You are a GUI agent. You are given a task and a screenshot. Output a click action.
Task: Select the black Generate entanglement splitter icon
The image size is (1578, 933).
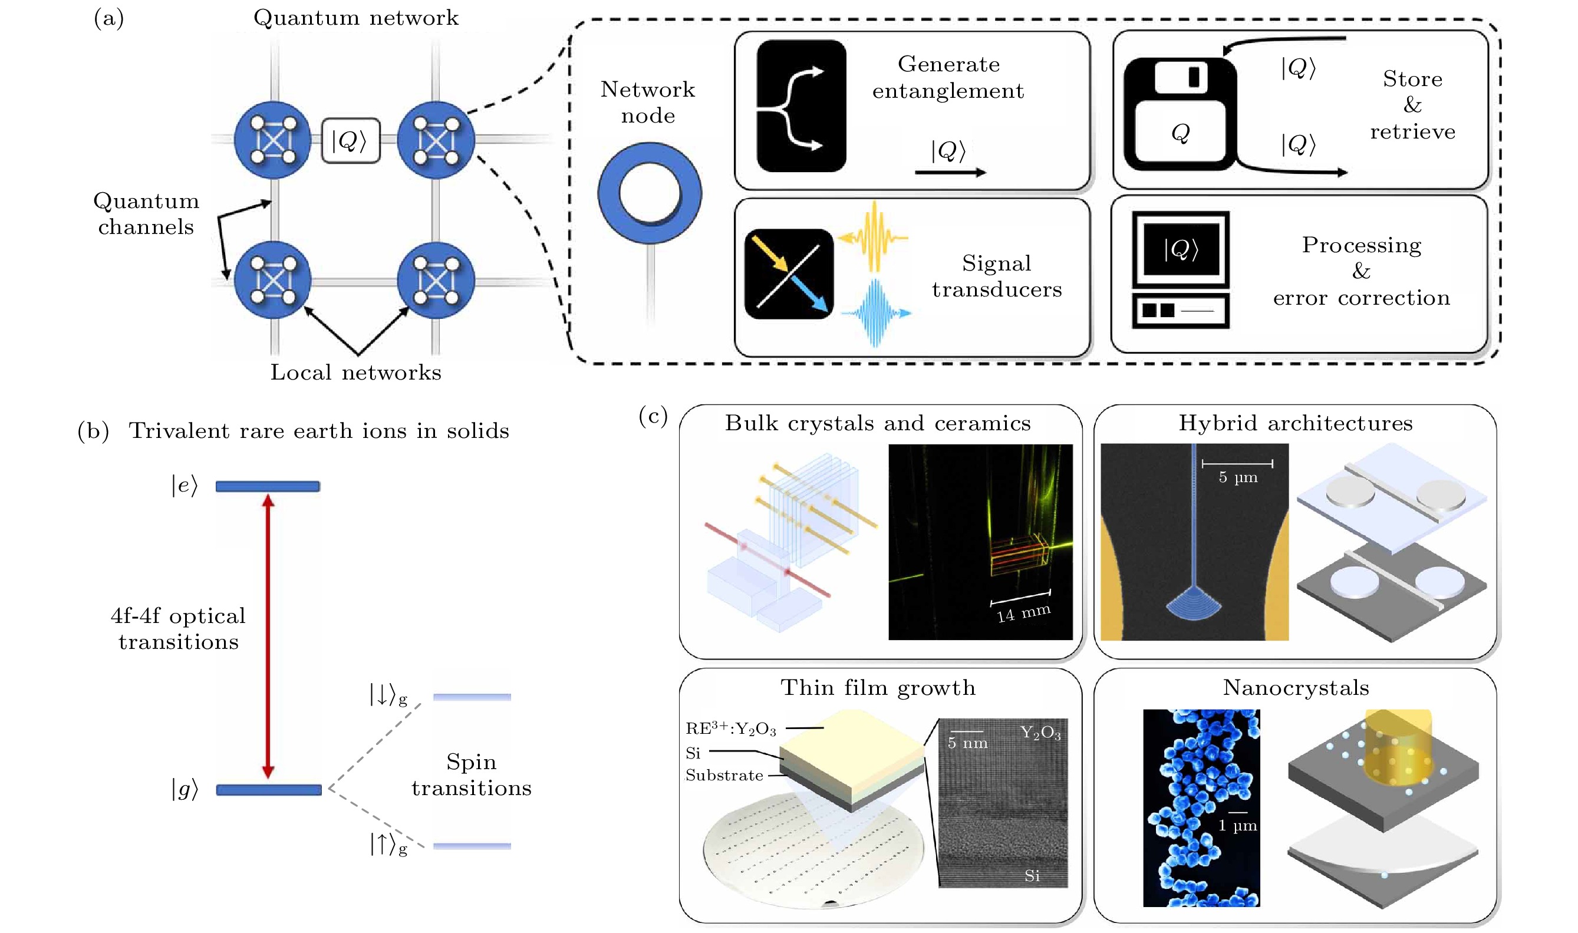(801, 106)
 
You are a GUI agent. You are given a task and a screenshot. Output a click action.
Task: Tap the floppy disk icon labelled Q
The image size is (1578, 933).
(1180, 114)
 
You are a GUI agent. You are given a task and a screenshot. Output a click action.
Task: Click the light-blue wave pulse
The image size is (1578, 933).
(875, 312)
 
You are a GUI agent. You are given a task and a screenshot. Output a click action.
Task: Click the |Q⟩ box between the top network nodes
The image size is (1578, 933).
(350, 141)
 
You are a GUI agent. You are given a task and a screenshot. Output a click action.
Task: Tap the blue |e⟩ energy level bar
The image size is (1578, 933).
(268, 486)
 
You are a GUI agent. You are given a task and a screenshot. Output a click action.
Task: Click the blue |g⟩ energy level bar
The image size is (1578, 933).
(268, 790)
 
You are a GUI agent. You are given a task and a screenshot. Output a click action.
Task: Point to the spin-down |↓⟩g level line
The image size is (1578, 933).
(472, 697)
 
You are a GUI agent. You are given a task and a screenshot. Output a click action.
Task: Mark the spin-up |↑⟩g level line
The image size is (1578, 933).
(472, 846)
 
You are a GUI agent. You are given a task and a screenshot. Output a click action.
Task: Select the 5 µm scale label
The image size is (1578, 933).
(1238, 477)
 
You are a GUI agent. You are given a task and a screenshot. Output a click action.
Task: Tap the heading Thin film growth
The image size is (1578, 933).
(878, 687)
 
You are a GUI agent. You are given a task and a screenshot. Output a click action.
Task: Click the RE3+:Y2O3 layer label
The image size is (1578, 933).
(730, 728)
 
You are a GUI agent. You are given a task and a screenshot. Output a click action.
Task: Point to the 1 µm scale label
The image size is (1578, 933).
(1237, 826)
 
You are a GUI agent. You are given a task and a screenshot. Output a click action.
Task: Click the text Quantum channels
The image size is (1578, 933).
(146, 213)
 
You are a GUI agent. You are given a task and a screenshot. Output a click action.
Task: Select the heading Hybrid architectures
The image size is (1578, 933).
(1295, 423)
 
